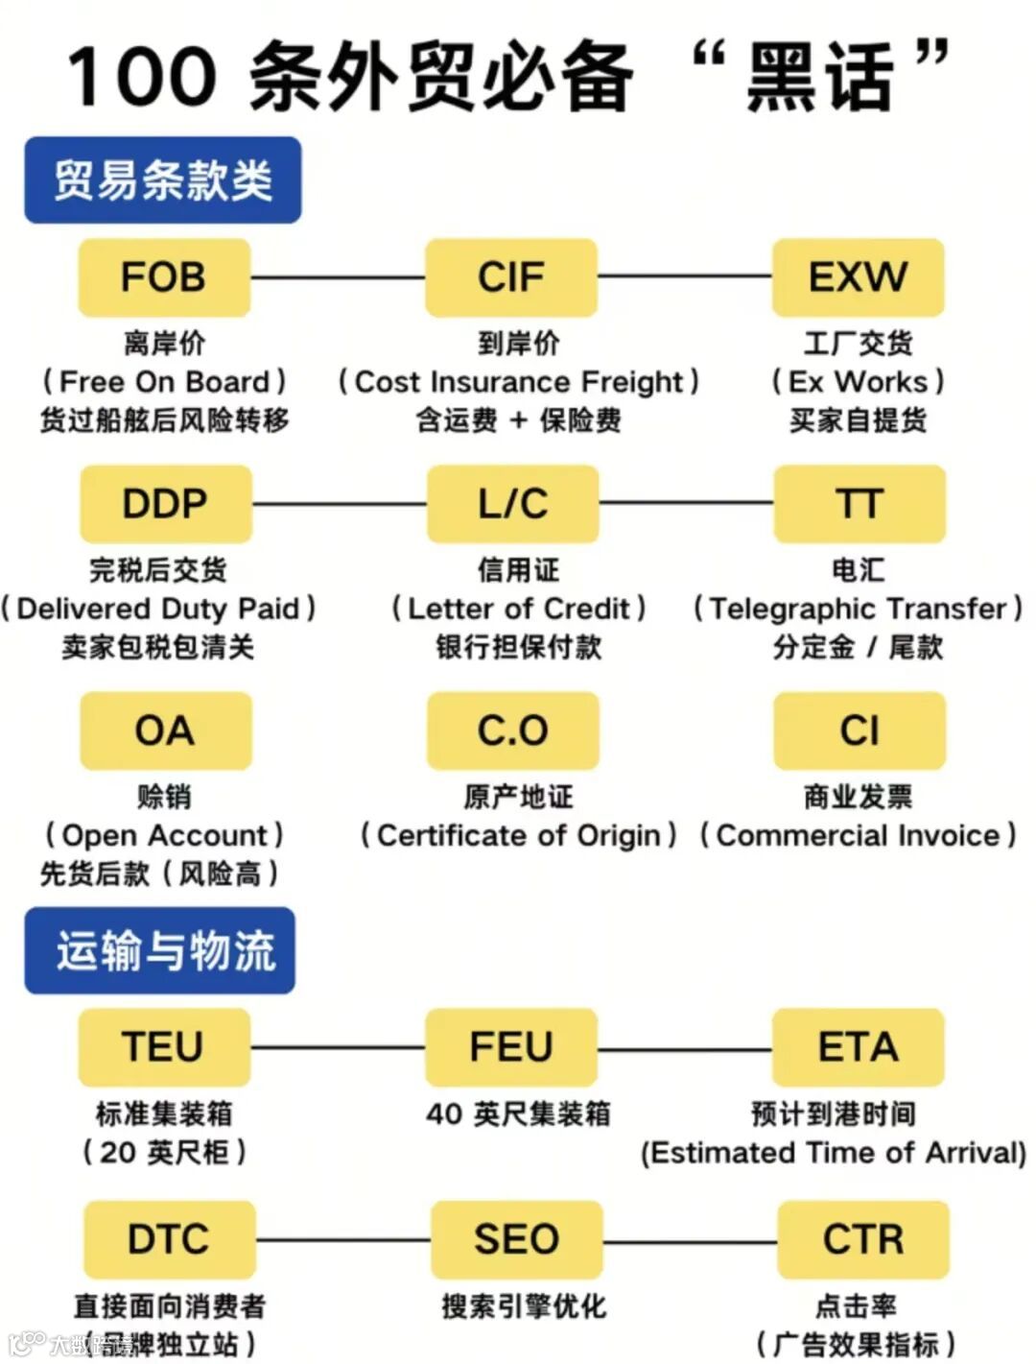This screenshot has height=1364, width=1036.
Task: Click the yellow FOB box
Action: [164, 277]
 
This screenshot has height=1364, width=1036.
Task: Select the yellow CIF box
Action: [511, 277]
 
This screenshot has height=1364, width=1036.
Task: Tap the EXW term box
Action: [859, 277]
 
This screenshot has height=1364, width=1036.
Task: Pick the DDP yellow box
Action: [165, 504]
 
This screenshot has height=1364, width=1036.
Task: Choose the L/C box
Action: [513, 504]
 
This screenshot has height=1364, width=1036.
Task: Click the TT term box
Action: [859, 504]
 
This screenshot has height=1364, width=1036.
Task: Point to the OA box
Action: [165, 730]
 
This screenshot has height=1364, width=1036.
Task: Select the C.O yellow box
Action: [513, 730]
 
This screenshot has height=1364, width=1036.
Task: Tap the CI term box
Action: [859, 730]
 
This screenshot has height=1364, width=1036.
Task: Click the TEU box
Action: [163, 1047]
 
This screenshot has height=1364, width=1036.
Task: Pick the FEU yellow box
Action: [511, 1047]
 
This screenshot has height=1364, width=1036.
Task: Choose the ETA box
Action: [859, 1047]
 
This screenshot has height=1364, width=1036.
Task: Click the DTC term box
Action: [169, 1239]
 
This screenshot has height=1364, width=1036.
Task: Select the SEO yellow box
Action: [516, 1239]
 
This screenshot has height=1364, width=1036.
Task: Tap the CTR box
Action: [863, 1239]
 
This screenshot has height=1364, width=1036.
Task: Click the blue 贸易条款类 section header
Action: [163, 180]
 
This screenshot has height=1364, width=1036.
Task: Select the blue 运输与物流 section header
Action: [160, 950]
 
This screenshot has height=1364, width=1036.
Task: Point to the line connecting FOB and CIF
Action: [338, 277]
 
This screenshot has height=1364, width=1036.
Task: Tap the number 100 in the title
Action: [142, 77]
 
